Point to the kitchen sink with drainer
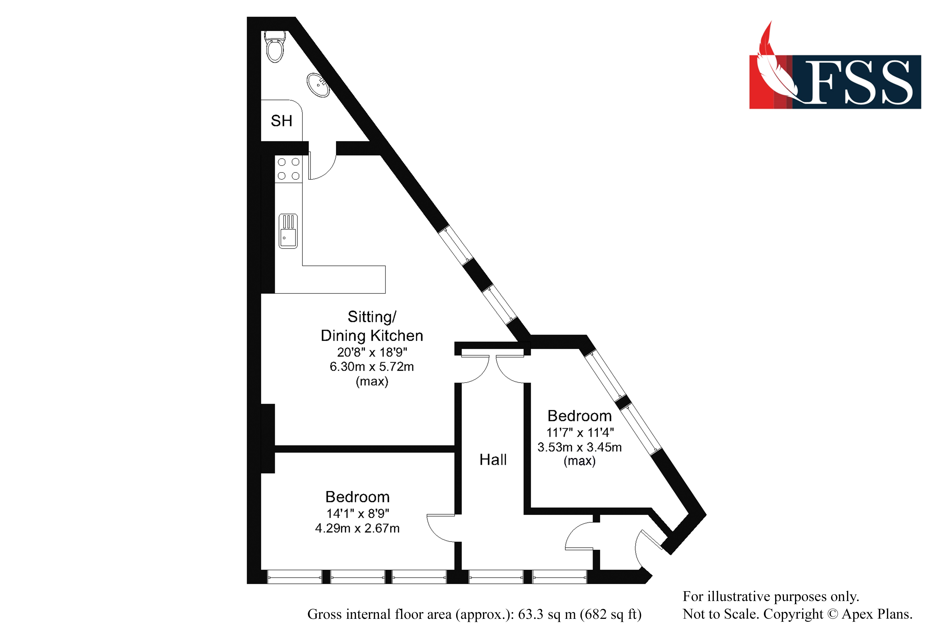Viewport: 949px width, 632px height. (288, 231)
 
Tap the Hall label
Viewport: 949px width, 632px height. (493, 459)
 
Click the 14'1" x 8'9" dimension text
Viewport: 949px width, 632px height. (357, 514)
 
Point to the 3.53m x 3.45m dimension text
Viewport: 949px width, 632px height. (579, 447)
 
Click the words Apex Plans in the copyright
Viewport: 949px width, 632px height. (877, 614)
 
